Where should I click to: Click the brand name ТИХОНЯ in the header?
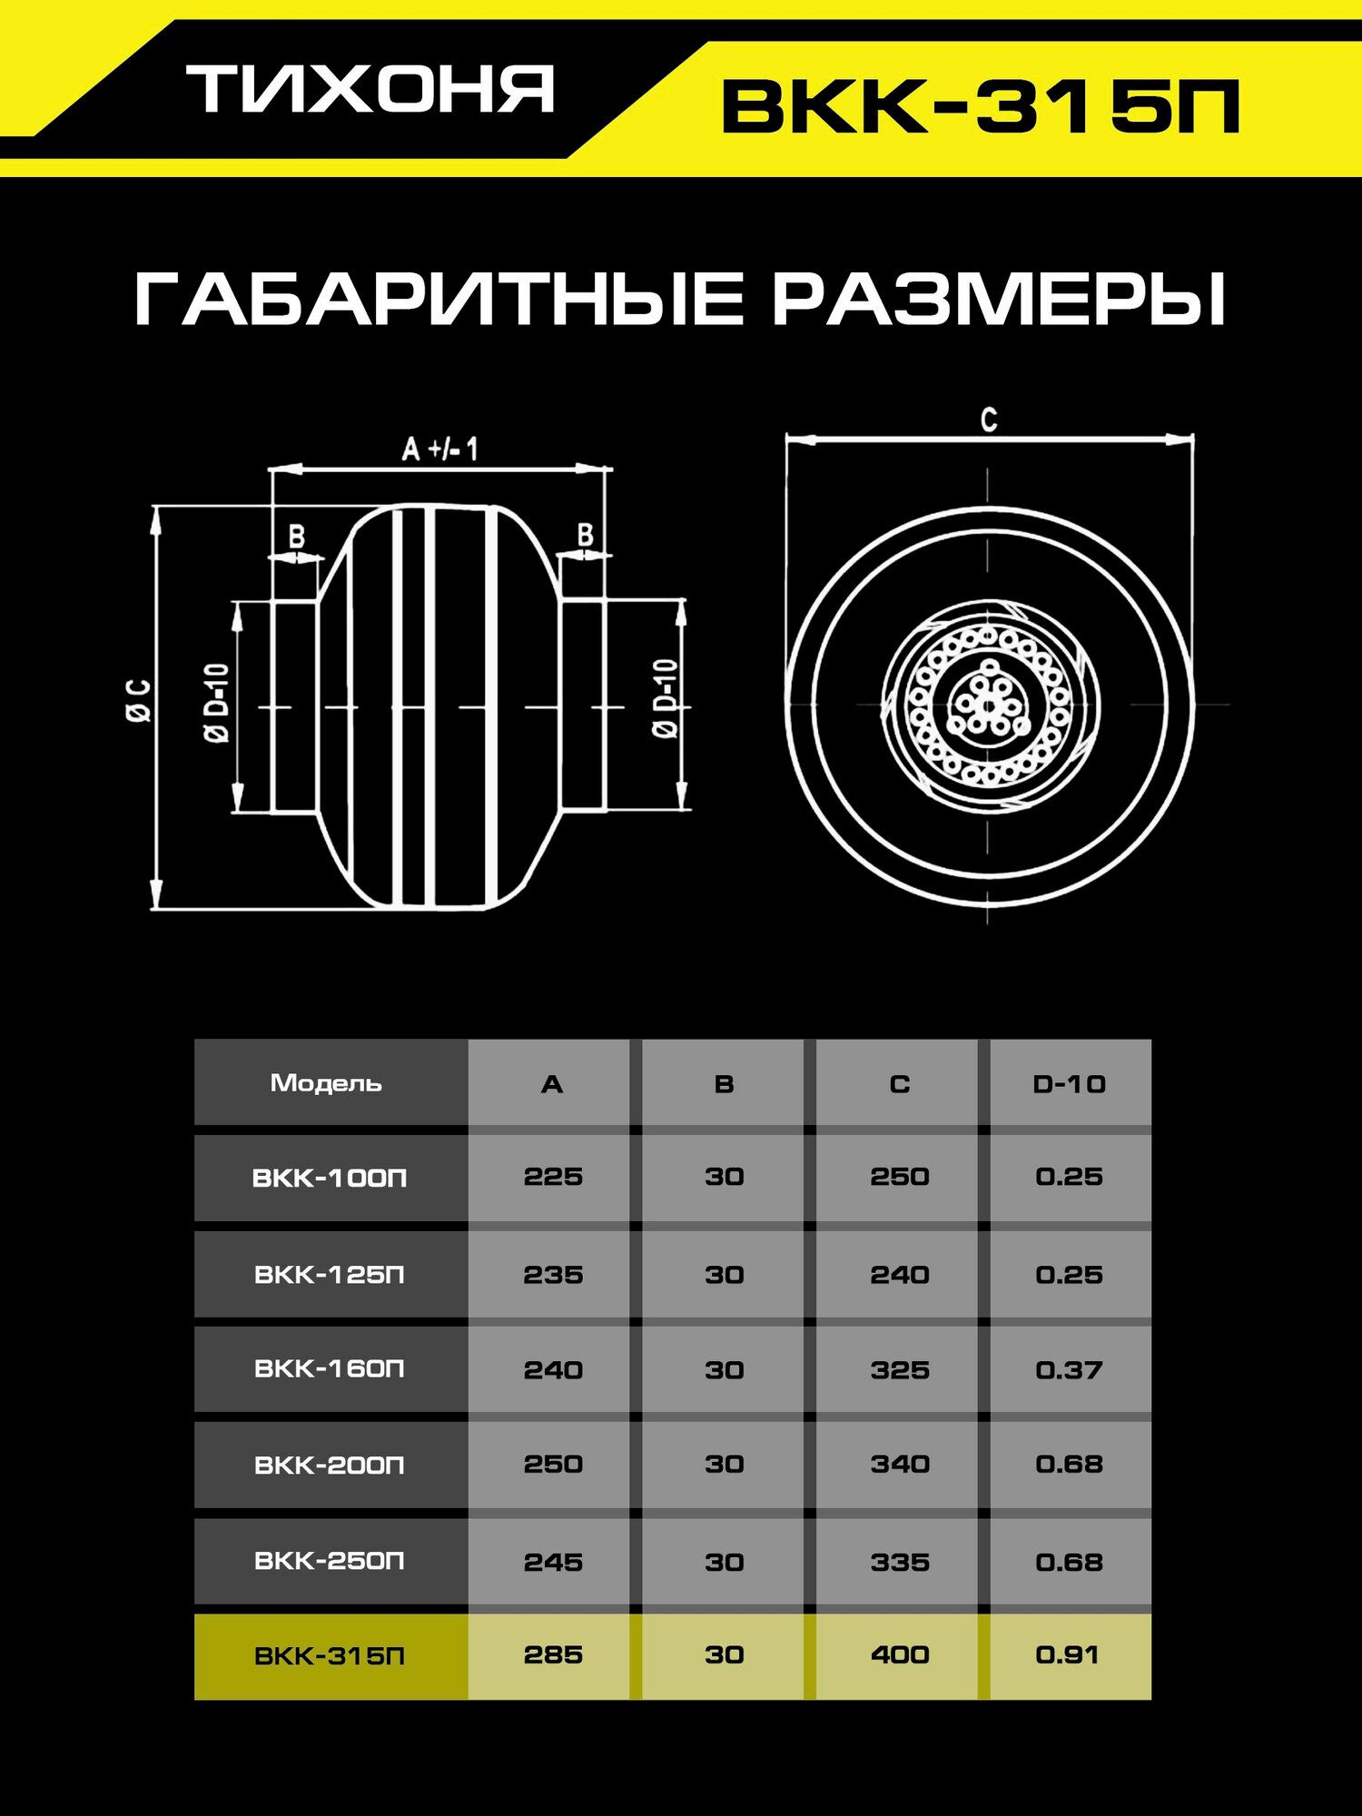[x=370, y=89]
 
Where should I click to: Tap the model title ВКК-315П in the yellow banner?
[x=981, y=107]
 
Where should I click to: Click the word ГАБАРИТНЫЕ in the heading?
[x=439, y=299]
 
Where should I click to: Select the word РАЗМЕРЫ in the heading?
[x=999, y=299]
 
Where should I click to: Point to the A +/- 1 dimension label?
[x=439, y=449]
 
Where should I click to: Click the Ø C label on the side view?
[x=139, y=700]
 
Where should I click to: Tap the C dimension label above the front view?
[x=989, y=419]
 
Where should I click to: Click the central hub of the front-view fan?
[x=988, y=705]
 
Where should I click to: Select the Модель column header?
[x=326, y=1082]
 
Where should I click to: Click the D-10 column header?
[x=1069, y=1083]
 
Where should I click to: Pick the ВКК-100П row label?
[x=329, y=1178]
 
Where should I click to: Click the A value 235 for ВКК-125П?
[x=552, y=1274]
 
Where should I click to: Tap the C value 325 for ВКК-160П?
[x=899, y=1369]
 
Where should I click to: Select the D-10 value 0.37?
[x=1069, y=1369]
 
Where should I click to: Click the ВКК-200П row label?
[x=329, y=1465]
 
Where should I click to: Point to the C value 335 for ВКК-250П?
[x=899, y=1562]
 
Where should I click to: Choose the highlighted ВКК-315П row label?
[x=329, y=1656]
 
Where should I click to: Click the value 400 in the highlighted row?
[x=899, y=1654]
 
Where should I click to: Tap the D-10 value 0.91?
[x=1067, y=1654]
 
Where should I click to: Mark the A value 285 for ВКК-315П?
[x=552, y=1654]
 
